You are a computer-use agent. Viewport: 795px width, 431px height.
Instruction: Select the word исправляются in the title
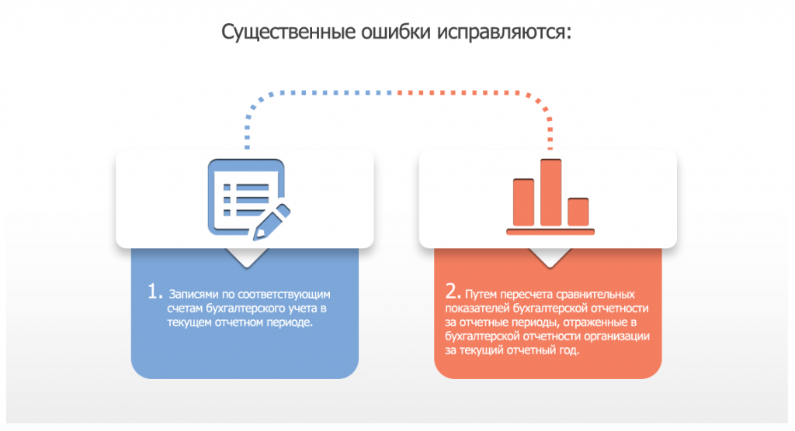point(504,33)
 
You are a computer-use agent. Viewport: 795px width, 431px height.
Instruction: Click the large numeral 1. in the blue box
point(155,291)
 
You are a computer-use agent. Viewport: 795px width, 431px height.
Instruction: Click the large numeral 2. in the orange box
point(453,291)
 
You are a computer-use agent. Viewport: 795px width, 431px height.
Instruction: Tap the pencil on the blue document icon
point(272,222)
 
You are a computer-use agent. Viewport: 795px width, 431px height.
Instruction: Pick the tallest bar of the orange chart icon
point(550,192)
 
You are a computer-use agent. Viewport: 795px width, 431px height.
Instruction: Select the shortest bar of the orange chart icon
point(578,212)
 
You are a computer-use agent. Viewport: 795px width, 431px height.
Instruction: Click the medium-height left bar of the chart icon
point(523,202)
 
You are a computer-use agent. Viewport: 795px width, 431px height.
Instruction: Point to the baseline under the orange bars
point(550,232)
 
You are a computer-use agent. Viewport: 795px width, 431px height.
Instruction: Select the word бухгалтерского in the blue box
point(246,309)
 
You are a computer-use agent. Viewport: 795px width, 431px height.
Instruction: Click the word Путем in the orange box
point(481,295)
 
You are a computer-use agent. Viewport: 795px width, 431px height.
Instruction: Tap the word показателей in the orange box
point(477,309)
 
